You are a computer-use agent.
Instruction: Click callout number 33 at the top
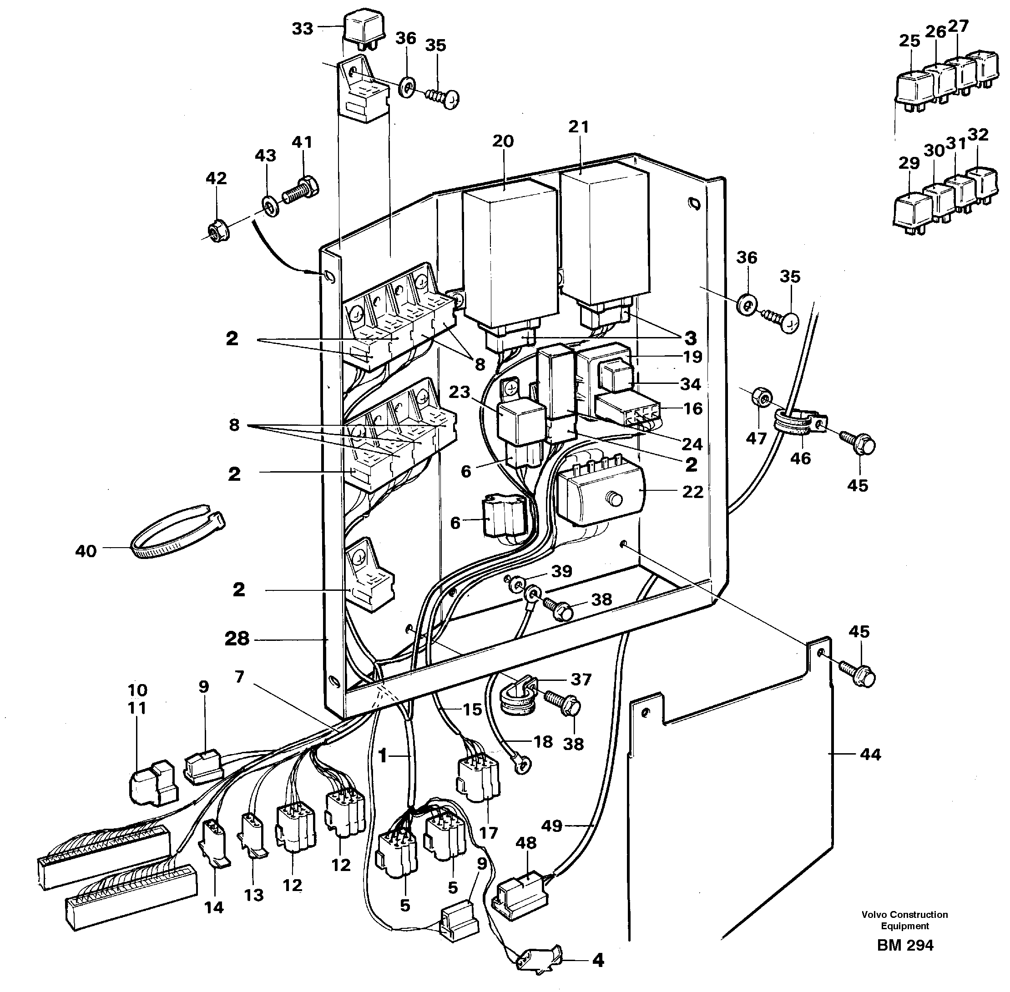pos(302,29)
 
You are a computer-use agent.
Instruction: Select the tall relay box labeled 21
pos(605,234)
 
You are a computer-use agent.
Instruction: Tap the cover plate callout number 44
pos(870,754)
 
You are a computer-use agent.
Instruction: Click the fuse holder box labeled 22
pos(599,495)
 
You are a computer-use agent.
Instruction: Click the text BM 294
pos(905,960)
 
